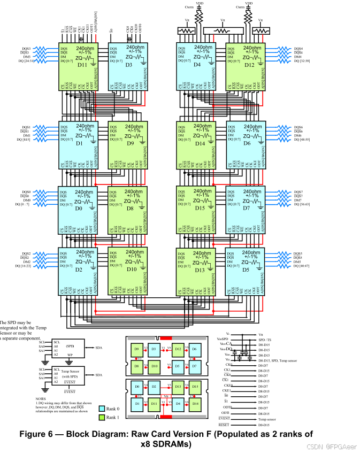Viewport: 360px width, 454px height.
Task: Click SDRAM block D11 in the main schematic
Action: (80, 65)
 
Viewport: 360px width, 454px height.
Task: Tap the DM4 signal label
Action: (298, 57)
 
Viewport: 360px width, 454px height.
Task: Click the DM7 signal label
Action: (298, 200)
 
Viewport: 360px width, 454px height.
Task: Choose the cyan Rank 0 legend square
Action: (102, 408)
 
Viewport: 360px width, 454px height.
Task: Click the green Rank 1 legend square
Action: (102, 417)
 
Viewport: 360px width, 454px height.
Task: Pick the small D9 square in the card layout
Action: (137, 349)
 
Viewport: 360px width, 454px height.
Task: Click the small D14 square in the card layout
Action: (195, 403)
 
